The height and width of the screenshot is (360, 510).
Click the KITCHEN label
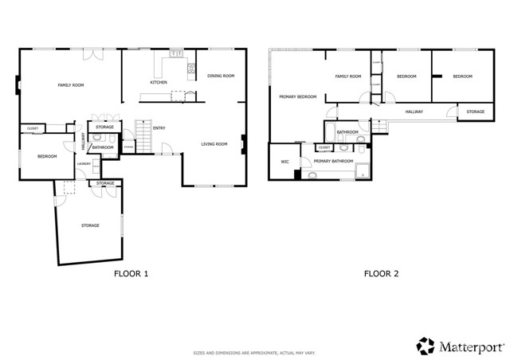pyautogui.click(x=159, y=82)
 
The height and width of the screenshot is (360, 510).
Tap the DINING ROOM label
pyautogui.click(x=221, y=76)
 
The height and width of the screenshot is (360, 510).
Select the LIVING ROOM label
pyautogui.click(x=214, y=144)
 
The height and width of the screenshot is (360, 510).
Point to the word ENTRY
pyautogui.click(x=159, y=127)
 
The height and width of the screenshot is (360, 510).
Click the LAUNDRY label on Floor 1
pyautogui.click(x=84, y=164)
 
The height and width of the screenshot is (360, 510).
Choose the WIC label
pyautogui.click(x=284, y=162)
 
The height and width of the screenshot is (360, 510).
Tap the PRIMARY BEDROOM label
pyautogui.click(x=297, y=97)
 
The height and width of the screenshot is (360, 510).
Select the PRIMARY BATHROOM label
pyautogui.click(x=333, y=162)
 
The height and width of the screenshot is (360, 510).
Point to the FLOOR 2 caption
pyautogui.click(x=381, y=274)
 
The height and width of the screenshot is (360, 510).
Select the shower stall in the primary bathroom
pyautogui.click(x=363, y=169)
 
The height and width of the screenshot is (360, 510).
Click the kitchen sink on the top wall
pyautogui.click(x=177, y=54)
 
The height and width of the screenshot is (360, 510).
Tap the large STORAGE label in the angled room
pyautogui.click(x=90, y=225)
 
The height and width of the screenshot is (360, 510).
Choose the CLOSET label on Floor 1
pyautogui.click(x=33, y=128)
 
